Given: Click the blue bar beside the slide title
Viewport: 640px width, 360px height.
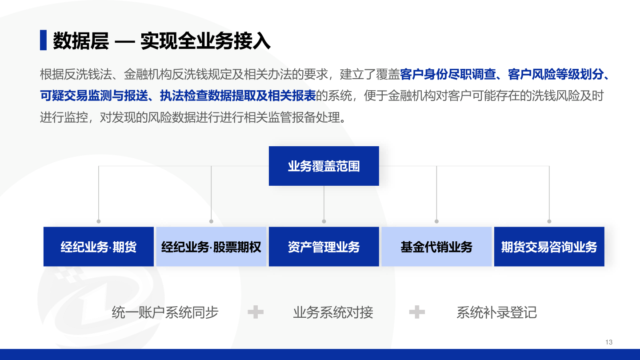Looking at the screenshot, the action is click(x=43, y=40).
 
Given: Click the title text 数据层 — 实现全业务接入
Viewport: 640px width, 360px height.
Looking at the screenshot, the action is click(x=162, y=41).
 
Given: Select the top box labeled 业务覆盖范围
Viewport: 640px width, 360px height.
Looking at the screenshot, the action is click(x=324, y=166).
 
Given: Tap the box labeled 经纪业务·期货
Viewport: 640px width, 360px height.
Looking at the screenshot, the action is click(x=99, y=247).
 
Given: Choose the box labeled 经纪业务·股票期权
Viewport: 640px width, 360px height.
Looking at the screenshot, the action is click(x=211, y=247).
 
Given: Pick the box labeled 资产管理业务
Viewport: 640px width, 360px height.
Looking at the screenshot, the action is click(x=324, y=247).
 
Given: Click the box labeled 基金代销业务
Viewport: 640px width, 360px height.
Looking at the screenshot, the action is click(x=436, y=247).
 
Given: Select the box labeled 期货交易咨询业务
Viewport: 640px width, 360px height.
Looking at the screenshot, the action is click(x=549, y=247).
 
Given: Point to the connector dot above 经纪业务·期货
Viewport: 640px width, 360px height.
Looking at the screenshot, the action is click(x=99, y=221).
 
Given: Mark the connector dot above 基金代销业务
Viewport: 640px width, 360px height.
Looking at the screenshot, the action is click(x=436, y=221).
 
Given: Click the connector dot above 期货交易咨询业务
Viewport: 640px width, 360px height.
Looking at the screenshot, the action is click(x=549, y=221).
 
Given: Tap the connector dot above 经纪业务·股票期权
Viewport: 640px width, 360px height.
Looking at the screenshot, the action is click(x=211, y=221).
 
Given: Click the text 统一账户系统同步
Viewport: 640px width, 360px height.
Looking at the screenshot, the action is click(x=165, y=312).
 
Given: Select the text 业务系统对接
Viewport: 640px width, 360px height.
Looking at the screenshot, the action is click(x=333, y=312).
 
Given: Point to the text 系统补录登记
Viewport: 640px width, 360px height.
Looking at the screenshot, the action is click(x=496, y=312).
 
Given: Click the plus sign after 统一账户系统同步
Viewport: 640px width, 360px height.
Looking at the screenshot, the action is click(x=256, y=312).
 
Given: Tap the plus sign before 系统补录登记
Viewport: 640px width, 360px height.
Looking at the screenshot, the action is click(x=417, y=312).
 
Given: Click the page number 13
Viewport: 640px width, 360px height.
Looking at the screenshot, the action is click(x=609, y=342).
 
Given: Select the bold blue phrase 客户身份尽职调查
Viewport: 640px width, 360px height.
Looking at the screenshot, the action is click(x=448, y=74).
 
